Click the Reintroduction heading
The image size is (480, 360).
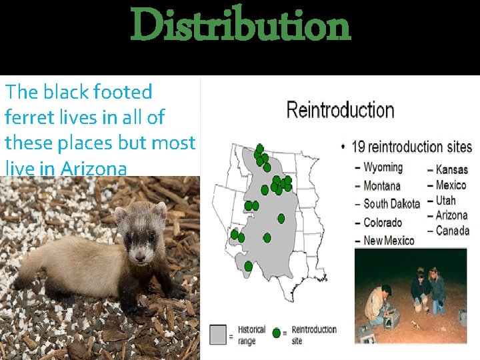point(340,111)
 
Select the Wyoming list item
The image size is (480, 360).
point(383,167)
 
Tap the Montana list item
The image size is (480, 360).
point(382,186)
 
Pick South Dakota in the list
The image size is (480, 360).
point(391,204)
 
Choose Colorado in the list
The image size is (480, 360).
point(383,223)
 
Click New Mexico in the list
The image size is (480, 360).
point(389,241)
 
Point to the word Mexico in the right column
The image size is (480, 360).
point(451,185)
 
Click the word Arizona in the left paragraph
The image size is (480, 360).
point(93,169)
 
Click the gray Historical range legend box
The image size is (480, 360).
point(218,334)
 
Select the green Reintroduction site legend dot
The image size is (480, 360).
point(277,333)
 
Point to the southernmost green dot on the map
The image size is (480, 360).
point(249,266)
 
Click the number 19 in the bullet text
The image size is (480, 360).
point(359,147)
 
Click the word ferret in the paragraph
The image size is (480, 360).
point(27,117)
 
